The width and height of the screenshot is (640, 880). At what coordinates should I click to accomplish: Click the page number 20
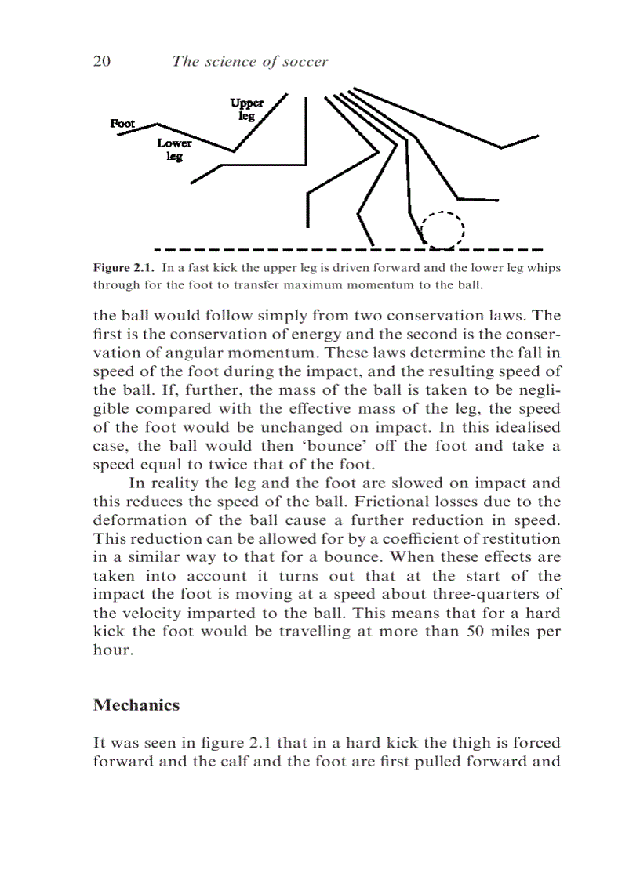click(x=102, y=62)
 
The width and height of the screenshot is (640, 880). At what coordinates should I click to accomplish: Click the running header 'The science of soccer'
click(x=249, y=62)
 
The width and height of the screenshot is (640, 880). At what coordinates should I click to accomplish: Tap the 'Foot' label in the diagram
click(x=122, y=123)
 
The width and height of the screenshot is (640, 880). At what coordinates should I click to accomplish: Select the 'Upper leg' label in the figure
click(x=247, y=110)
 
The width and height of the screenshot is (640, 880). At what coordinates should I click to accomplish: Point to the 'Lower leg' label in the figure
click(x=174, y=150)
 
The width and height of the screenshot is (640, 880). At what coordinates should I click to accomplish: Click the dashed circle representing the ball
click(x=443, y=230)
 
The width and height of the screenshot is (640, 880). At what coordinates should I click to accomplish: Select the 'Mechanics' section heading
click(x=136, y=704)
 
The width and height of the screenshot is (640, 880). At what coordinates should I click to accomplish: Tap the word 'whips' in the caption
click(x=544, y=267)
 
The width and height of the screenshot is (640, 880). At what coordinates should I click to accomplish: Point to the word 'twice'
click(x=203, y=464)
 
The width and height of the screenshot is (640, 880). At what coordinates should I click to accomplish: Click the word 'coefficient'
click(x=405, y=539)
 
